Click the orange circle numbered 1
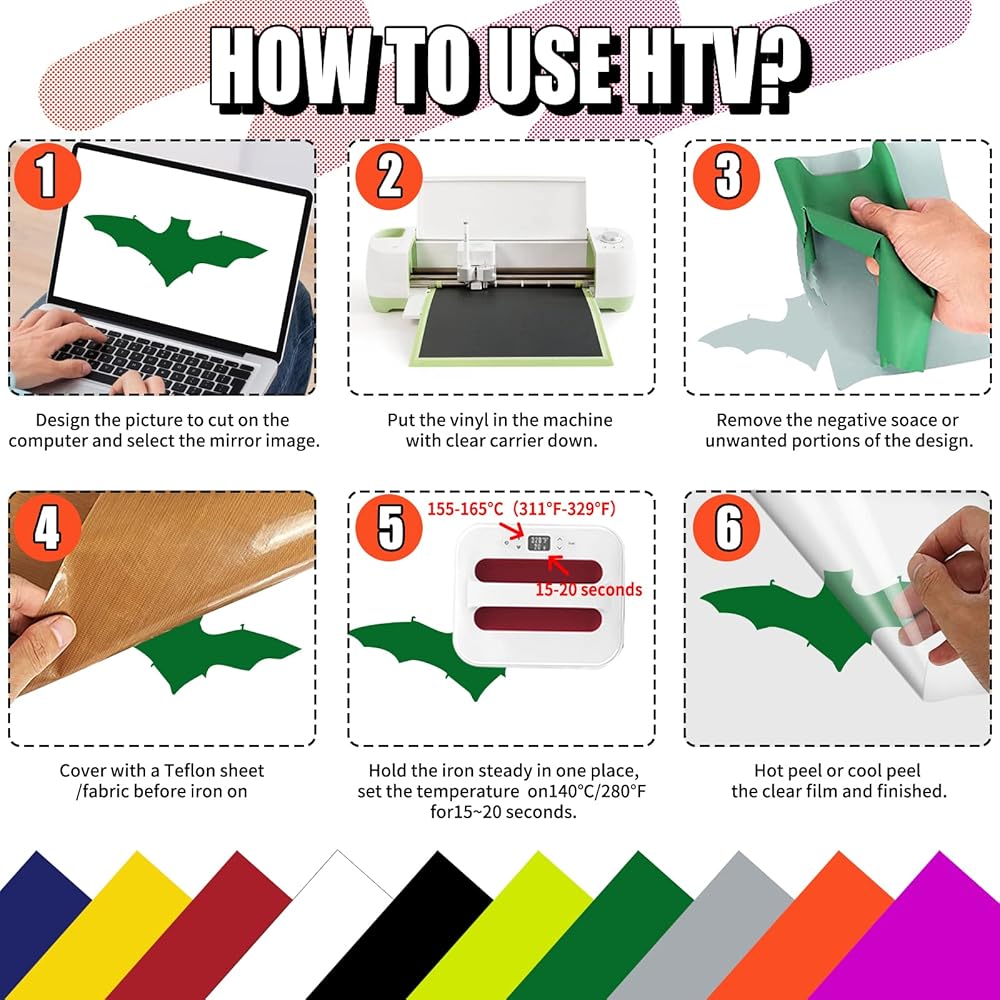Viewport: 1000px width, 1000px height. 47,176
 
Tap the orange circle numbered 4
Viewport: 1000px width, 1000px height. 47,528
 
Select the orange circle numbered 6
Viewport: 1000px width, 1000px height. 726,528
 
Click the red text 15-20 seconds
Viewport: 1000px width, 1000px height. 588,589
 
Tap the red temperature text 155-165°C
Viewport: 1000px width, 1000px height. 466,509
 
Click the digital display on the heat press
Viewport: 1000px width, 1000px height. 540,543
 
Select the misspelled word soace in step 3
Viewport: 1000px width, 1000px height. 913,420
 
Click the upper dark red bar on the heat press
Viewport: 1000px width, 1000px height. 538,571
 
